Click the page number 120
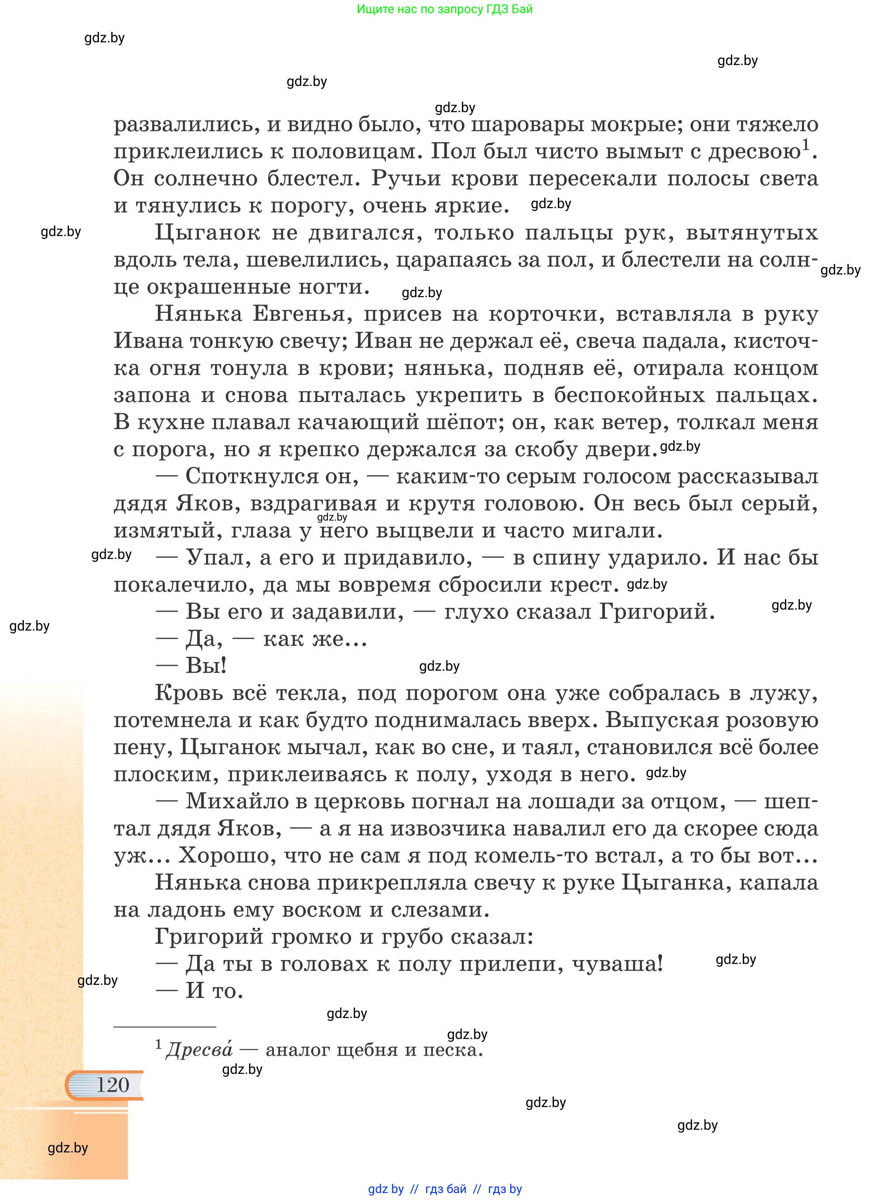pos(113,1084)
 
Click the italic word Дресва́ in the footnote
pos(199,1049)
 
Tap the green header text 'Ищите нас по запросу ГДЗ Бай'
pos(444,9)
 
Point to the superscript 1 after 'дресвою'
pos(806,144)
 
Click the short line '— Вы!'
pos(191,666)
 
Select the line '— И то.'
pos(200,991)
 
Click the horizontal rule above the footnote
pos(164,1026)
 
